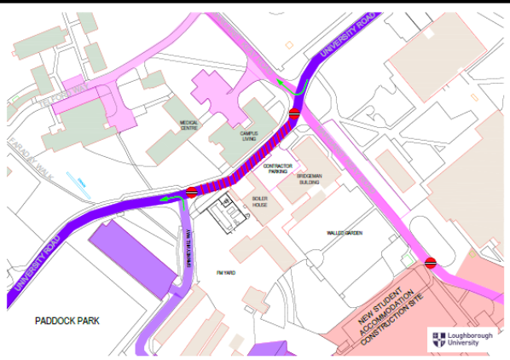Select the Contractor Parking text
(x=278, y=168)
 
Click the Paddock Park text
(x=67, y=322)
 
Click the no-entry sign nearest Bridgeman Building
(x=293, y=113)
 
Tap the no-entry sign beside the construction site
(x=431, y=263)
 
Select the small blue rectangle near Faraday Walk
(x=82, y=183)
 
